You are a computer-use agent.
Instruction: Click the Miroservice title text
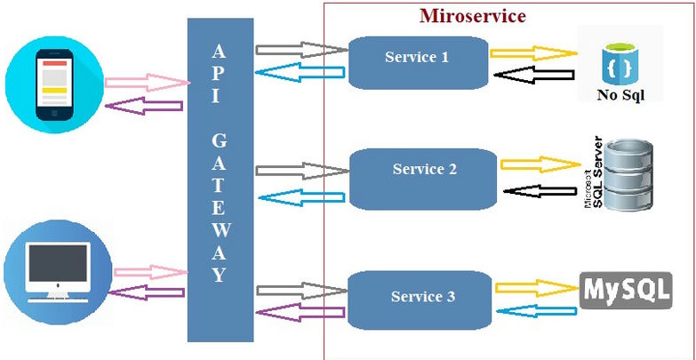pos(472,16)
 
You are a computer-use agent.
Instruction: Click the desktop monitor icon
pos(59,270)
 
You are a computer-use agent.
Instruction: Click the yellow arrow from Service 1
pos(532,53)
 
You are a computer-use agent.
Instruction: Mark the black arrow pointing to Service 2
pos(540,191)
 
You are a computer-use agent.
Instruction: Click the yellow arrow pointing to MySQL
pos(534,287)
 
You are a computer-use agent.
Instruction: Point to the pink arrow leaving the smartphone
pos(148,84)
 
